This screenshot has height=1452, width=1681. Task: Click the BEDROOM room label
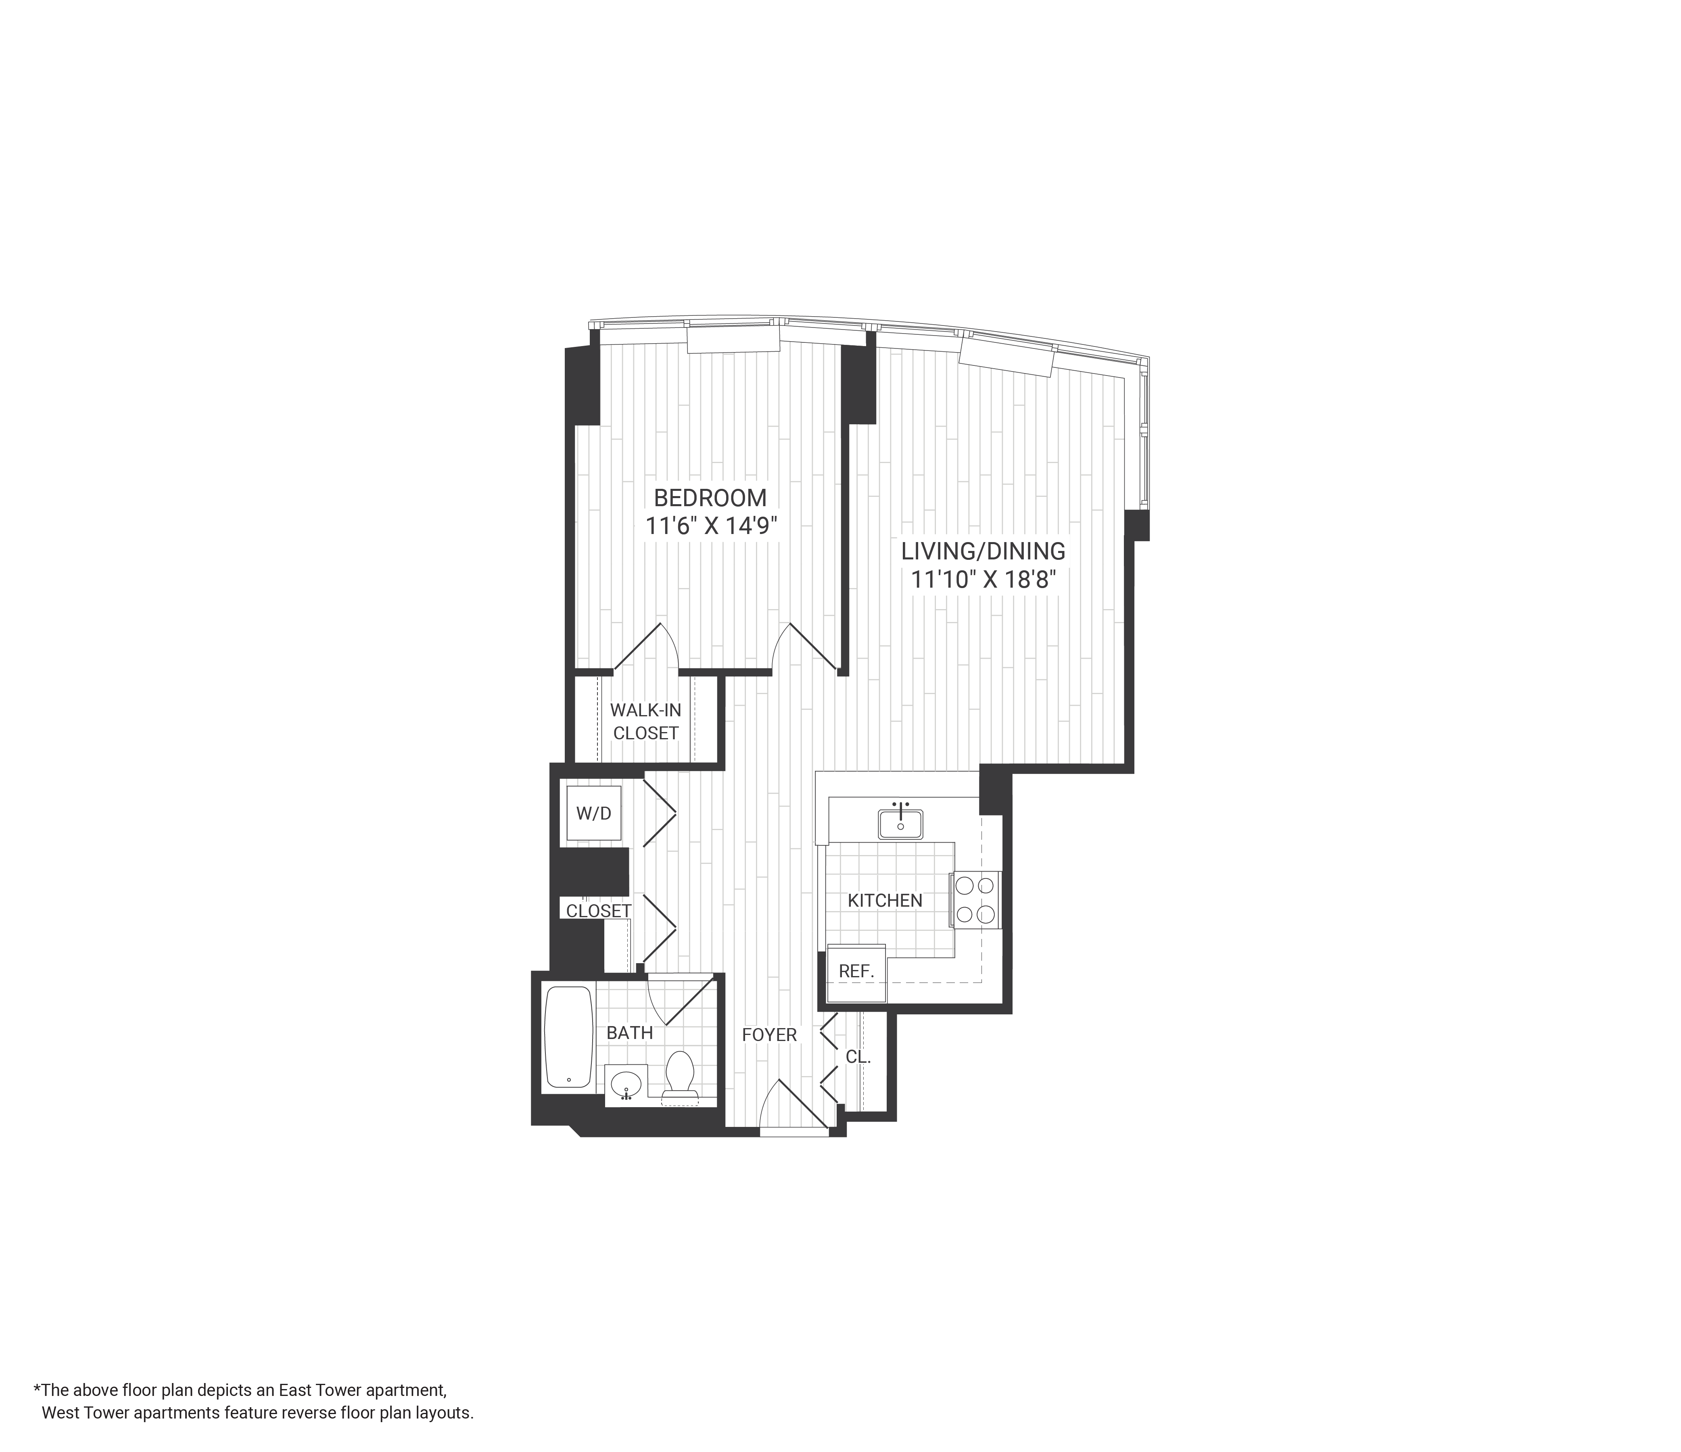[x=710, y=497]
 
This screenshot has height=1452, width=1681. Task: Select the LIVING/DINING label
[x=982, y=552]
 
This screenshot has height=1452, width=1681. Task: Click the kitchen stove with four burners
[x=975, y=899]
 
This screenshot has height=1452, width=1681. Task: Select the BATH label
[x=630, y=1033]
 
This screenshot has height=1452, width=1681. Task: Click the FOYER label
[x=769, y=1035]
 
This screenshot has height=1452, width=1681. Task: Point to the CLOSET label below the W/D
[x=599, y=911]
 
